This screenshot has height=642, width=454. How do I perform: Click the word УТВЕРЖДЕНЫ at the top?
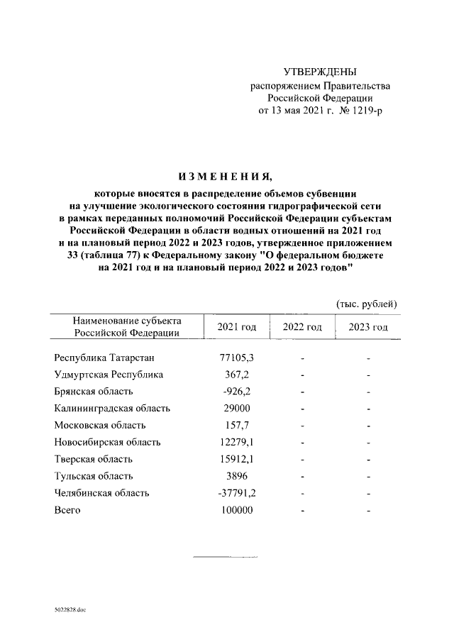pyautogui.click(x=320, y=72)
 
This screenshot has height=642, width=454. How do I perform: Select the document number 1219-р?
pyautogui.click(x=365, y=111)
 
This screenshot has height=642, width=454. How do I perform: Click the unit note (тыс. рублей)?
pyautogui.click(x=366, y=304)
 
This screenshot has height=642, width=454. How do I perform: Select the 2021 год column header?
pyautogui.click(x=236, y=327)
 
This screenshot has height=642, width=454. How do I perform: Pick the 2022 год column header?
pyautogui.click(x=302, y=327)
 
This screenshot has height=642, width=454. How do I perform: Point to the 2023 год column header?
pyautogui.click(x=368, y=327)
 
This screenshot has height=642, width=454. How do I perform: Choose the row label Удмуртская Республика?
pyautogui.click(x=109, y=374)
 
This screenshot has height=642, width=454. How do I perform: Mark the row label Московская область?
pyautogui.click(x=100, y=425)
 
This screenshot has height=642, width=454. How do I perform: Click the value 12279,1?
pyautogui.click(x=236, y=442)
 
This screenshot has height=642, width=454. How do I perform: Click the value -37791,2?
pyautogui.click(x=236, y=493)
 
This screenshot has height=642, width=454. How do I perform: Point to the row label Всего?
pyautogui.click(x=67, y=510)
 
